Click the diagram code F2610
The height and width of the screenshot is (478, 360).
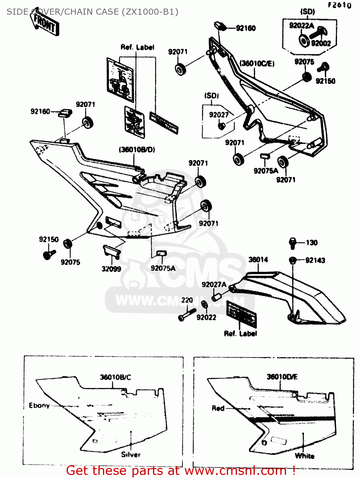(x=340, y=5)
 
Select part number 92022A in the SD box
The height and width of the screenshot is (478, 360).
(x=301, y=25)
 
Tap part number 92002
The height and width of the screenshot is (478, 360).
(x=321, y=43)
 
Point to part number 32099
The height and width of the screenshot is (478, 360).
(x=111, y=269)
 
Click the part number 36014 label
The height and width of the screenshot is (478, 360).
(x=258, y=260)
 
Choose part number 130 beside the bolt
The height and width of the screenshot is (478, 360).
(x=312, y=243)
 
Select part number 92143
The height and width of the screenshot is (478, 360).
(x=315, y=260)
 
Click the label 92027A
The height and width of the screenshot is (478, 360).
(x=214, y=284)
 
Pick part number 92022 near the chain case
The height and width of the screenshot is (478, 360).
(x=206, y=317)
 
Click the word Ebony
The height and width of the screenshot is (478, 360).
(x=39, y=406)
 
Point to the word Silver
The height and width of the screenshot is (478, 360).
(x=131, y=455)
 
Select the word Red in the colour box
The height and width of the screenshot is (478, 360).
(x=218, y=408)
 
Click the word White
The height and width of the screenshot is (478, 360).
(x=305, y=456)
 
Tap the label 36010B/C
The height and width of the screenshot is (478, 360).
(x=115, y=377)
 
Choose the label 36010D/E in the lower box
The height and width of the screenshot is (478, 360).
(x=282, y=377)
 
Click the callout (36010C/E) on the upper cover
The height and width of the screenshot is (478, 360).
(x=257, y=64)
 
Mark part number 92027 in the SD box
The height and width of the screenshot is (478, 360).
(x=219, y=115)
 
